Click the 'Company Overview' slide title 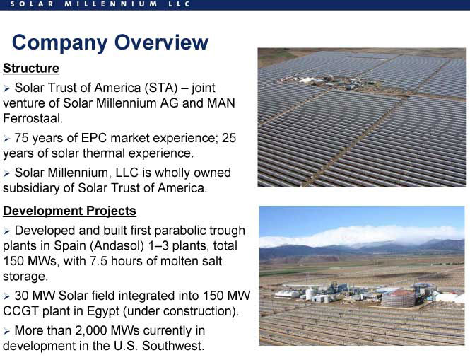coord(110,42)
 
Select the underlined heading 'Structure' coord(31,69)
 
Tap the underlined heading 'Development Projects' coord(69,211)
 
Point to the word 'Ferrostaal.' coord(33,118)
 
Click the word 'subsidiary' coord(37,188)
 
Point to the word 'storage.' coord(25,277)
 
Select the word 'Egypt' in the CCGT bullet coord(102,311)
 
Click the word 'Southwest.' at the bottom coord(173,346)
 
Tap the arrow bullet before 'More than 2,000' coord(6,331)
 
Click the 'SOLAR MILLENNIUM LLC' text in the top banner coord(100,4)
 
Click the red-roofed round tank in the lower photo coord(399,298)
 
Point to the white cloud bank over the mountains coord(360,236)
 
